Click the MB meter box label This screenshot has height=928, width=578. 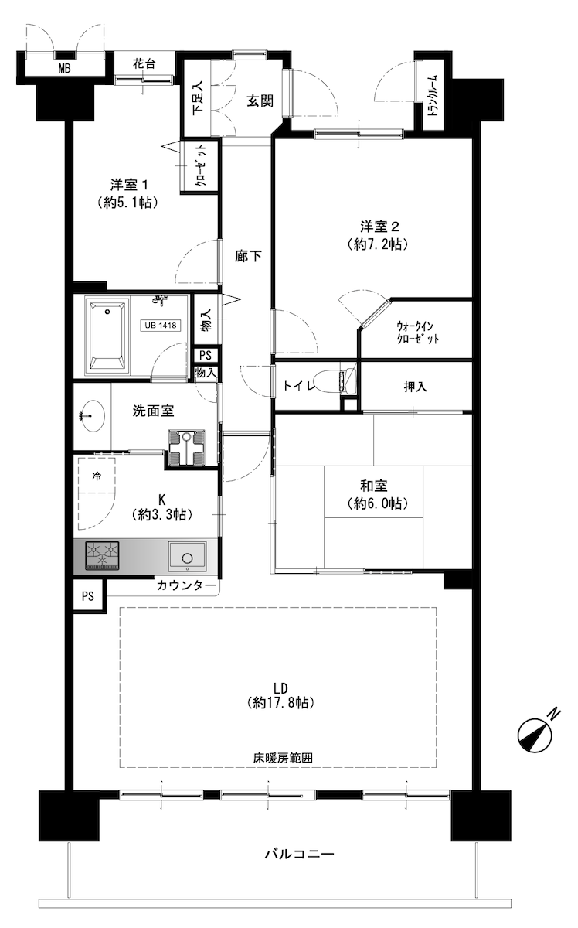65,68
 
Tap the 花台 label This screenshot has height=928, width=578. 144,64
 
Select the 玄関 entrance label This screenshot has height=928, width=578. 260,101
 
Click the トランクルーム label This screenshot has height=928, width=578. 433,95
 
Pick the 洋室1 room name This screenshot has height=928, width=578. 129,184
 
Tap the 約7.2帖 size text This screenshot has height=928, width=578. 379,245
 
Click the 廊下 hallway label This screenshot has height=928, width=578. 248,257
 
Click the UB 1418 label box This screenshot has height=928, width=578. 160,326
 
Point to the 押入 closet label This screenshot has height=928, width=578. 415,387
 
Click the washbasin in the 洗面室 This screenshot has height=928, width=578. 91,415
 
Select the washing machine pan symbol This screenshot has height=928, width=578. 187,448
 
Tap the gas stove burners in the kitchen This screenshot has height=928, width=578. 102,555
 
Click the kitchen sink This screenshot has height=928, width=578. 187,556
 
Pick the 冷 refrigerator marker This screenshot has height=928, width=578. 96,476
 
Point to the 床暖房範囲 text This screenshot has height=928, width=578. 283,758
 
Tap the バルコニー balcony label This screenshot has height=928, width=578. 299,854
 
